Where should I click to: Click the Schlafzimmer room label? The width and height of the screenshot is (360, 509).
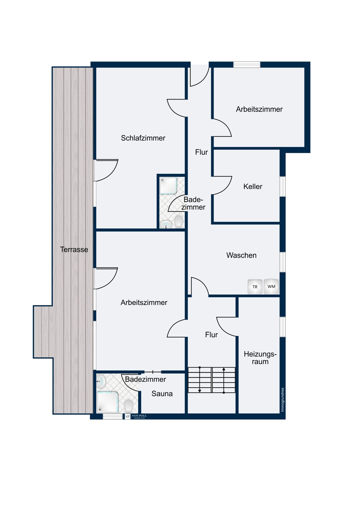pyautogui.click(x=143, y=138)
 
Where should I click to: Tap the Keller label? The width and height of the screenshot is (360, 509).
pyautogui.click(x=253, y=187)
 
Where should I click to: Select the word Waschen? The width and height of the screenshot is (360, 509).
pyautogui.click(x=241, y=255)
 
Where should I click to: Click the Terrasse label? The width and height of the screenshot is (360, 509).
pyautogui.click(x=74, y=249)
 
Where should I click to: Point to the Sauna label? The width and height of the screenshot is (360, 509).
pyautogui.click(x=162, y=394)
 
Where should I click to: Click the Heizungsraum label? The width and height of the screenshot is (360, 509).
pyautogui.click(x=260, y=358)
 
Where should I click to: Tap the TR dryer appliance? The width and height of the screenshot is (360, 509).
pyautogui.click(x=255, y=287)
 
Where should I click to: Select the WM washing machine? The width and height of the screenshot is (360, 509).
pyautogui.click(x=271, y=286)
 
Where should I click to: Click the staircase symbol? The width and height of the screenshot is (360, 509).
pyautogui.click(x=212, y=380)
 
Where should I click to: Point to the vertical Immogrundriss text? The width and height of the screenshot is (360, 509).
pyautogui.click(x=283, y=400)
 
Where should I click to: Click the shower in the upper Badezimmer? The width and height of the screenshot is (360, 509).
pyautogui.click(x=168, y=186)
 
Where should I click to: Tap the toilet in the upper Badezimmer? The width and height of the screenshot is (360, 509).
pyautogui.click(x=179, y=221)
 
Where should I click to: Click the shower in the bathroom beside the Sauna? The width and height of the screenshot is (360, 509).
pyautogui.click(x=108, y=402)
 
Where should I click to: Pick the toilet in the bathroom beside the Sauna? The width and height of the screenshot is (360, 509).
pyautogui.click(x=128, y=406)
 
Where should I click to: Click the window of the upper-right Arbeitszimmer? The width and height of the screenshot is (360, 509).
pyautogui.click(x=247, y=64)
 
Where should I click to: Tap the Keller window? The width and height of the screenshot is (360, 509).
pyautogui.click(x=283, y=187)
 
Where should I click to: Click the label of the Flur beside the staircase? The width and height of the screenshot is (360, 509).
pyautogui.click(x=211, y=335)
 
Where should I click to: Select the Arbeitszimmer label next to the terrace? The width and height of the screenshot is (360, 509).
pyautogui.click(x=144, y=302)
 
